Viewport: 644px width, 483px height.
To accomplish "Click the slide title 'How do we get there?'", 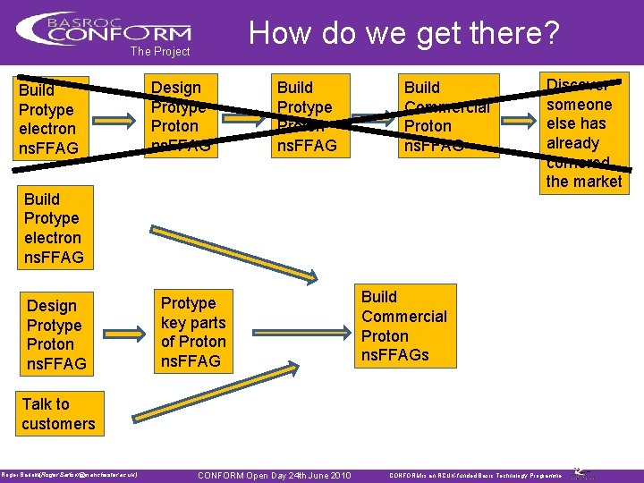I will (403, 33).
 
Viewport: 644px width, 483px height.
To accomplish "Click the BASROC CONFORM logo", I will (104, 28).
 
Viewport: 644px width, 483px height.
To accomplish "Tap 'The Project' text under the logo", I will (160, 52).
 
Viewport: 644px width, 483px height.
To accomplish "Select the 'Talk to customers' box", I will (59, 414).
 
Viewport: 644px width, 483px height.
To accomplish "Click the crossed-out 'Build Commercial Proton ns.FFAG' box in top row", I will (447, 116).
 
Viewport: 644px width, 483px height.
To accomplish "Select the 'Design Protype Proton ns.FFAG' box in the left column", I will (56, 335).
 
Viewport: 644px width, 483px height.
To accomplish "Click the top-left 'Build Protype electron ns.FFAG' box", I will (52, 118).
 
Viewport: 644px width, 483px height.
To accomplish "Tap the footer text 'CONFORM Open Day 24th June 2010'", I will (274, 475).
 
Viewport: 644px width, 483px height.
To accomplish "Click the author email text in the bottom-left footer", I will (69, 475).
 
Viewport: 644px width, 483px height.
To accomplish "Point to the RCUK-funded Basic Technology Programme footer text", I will (475, 475).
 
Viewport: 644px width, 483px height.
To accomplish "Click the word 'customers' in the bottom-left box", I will (59, 424).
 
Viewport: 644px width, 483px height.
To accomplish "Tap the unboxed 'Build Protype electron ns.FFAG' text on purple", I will (54, 228).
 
